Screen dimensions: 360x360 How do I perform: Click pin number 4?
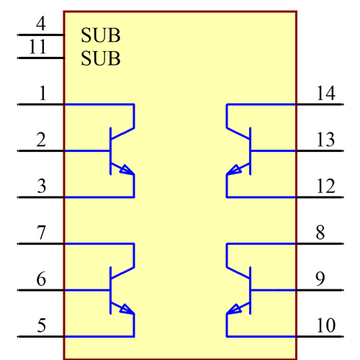coord(40,23)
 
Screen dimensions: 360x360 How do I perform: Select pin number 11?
coord(38,48)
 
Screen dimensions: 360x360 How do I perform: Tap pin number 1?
coord(42,93)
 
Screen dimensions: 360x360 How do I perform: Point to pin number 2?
coord(41,139)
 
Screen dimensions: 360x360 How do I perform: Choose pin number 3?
coord(41,186)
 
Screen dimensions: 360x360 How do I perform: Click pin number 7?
coord(41,233)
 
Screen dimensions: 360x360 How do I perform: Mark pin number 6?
coord(41,279)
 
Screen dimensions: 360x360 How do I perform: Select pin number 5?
coord(41,325)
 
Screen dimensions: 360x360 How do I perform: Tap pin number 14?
coord(325,93)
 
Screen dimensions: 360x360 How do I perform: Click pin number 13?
coord(325,139)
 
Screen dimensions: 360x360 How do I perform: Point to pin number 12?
coord(325,186)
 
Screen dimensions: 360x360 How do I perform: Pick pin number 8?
coord(320,233)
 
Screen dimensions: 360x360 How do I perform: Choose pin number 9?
coord(320,279)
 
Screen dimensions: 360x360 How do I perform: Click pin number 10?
coord(325,325)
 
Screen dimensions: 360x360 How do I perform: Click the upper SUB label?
coord(101,35)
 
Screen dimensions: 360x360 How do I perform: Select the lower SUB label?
coord(101,58)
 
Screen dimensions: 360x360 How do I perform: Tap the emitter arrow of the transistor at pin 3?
coord(126,171)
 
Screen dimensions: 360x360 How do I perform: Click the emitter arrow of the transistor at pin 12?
coord(233,171)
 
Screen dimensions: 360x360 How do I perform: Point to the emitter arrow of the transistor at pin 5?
coord(126,310)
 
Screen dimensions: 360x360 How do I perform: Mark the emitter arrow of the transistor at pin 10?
coord(233,310)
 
